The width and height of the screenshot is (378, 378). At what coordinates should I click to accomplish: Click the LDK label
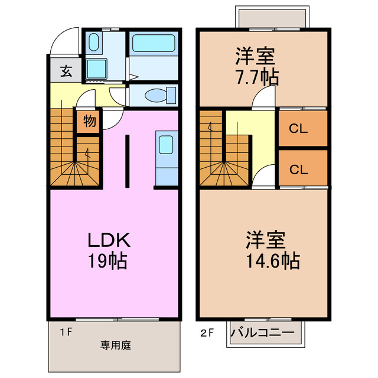[109, 240]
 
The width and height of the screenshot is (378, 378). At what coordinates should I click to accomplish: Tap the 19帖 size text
[107, 260]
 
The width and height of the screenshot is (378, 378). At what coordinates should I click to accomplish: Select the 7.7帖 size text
[258, 77]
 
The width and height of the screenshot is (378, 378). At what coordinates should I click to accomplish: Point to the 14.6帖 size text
[273, 260]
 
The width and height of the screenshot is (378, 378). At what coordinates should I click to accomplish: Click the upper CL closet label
[298, 129]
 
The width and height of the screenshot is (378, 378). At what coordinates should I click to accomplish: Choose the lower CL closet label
[299, 170]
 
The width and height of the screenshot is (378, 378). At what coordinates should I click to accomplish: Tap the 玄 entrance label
[66, 71]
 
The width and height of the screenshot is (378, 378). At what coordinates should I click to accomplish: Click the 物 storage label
[90, 120]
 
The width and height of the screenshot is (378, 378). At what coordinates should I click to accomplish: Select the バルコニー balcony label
[263, 333]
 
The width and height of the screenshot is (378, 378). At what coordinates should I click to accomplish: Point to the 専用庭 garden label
[116, 345]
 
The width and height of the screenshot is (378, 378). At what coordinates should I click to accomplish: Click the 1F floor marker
[66, 333]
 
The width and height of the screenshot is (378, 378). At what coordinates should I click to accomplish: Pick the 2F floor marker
[207, 333]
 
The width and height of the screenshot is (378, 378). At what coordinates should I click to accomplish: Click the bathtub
[154, 43]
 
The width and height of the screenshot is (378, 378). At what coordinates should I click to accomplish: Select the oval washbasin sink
[94, 42]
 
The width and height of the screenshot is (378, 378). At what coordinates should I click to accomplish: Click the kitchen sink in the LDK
[166, 144]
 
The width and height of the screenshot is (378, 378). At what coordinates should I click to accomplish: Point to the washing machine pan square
[96, 69]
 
